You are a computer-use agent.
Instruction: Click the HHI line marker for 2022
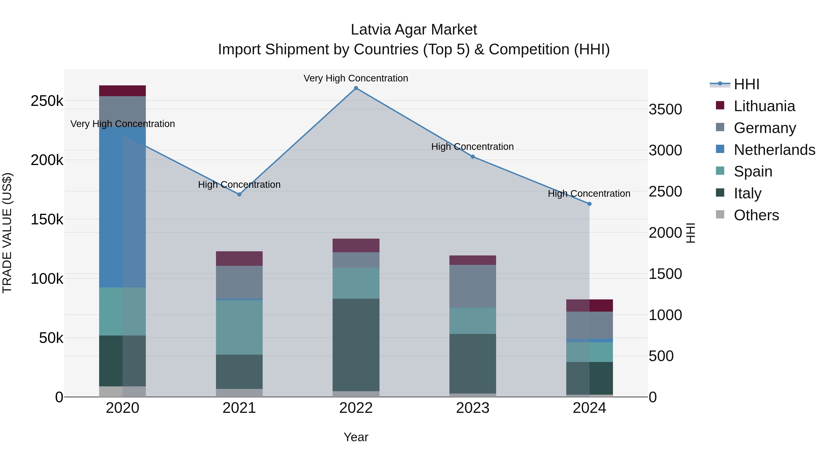(356, 88)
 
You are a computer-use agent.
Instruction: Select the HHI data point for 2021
(239, 194)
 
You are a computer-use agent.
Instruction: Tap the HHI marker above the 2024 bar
(589, 204)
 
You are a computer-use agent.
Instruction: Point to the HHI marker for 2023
(472, 157)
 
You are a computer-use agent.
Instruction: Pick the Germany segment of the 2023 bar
(472, 286)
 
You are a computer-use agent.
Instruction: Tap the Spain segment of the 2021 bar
(239, 327)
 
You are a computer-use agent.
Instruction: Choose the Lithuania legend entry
(764, 106)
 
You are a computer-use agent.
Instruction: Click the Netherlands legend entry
(774, 150)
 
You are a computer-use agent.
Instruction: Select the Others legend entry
(756, 215)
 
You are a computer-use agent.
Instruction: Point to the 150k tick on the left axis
(47, 220)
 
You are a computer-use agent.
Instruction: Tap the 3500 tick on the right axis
(665, 109)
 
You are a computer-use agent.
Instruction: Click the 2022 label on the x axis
(356, 408)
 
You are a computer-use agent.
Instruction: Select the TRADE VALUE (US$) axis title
(7, 233)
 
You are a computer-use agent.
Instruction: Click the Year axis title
(356, 437)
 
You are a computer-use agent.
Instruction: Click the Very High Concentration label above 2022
(356, 78)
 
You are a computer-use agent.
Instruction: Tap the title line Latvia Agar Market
(414, 30)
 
